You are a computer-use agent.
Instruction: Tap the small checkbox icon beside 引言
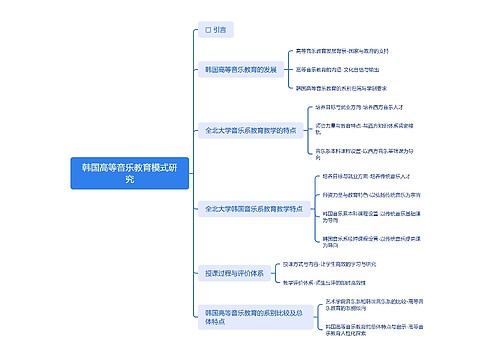click(x=207, y=31)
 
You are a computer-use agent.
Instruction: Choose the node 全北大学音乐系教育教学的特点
click(x=248, y=130)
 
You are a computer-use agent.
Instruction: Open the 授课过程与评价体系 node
click(x=232, y=271)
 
